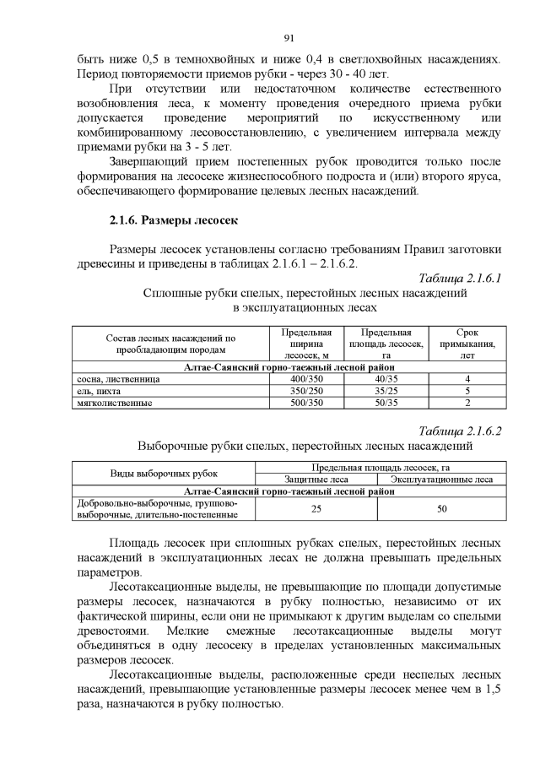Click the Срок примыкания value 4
467,379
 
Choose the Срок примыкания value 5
467,391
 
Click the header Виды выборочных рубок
163,474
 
